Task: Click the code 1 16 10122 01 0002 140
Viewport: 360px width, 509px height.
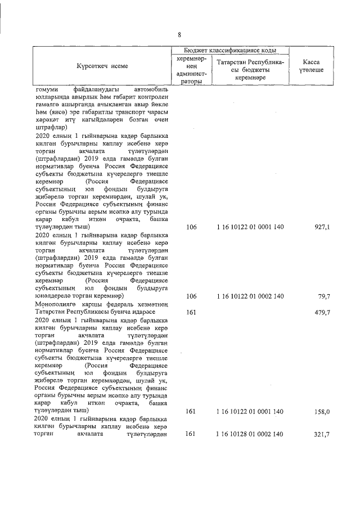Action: [250, 296]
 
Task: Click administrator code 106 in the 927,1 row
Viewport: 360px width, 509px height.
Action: [191, 242]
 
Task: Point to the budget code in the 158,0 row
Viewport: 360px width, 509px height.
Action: [250, 412]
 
